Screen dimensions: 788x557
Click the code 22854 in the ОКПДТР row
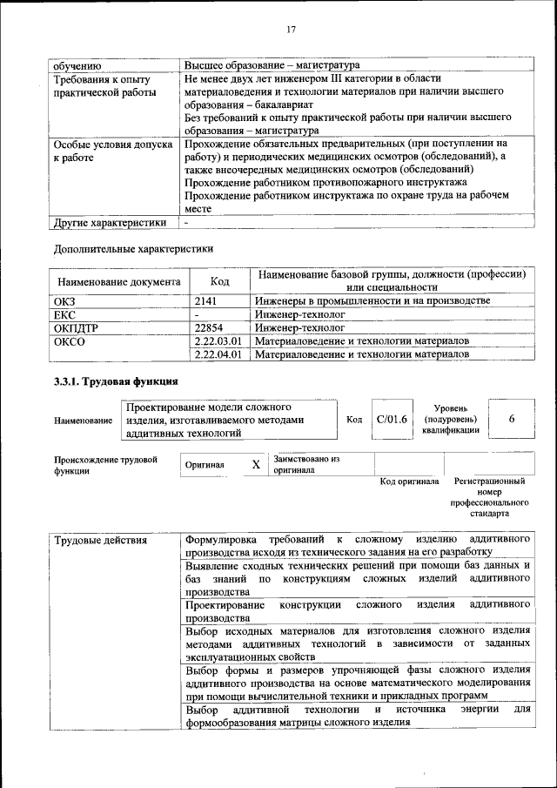(x=213, y=327)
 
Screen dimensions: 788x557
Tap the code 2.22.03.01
(x=218, y=340)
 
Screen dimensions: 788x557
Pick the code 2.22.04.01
(x=218, y=354)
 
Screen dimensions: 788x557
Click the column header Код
(x=220, y=281)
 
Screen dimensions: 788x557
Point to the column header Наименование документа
(x=118, y=281)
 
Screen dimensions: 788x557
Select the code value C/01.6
(x=392, y=420)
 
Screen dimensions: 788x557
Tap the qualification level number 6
(x=512, y=420)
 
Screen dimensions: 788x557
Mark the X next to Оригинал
(x=256, y=465)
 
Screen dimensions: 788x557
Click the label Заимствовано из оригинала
(x=305, y=464)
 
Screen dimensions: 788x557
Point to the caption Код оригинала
(x=409, y=482)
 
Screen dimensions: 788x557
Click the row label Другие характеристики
(x=110, y=222)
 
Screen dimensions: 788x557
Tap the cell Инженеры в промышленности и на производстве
(x=372, y=300)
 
